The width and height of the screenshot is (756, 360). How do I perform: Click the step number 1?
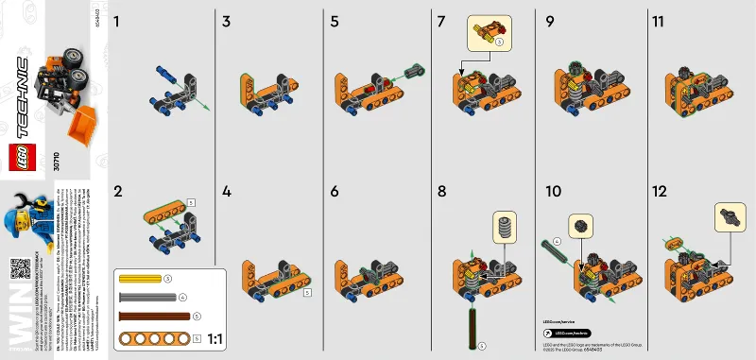pos(118,20)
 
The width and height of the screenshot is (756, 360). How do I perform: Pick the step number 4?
pos(227,190)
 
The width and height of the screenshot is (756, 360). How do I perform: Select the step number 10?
pos(554,190)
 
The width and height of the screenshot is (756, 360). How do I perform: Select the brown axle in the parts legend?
pos(151,315)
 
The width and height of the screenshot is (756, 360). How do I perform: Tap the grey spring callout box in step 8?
pos(506,228)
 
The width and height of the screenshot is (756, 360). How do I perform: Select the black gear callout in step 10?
pos(581,227)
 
